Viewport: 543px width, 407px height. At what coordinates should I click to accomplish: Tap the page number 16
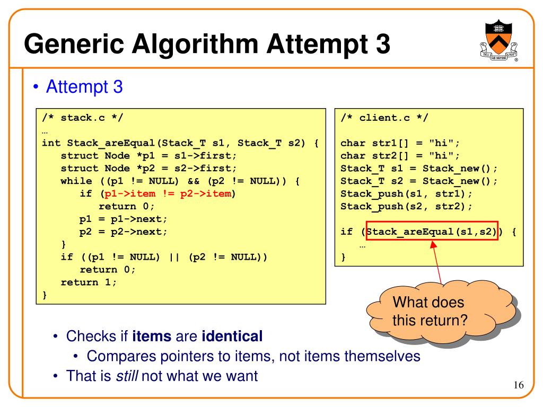tap(518, 385)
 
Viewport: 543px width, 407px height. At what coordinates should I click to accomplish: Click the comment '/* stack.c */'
tap(82, 118)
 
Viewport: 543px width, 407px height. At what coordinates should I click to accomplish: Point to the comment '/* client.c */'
tap(381, 118)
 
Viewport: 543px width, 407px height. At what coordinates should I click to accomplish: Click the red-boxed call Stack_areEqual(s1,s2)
tap(432, 232)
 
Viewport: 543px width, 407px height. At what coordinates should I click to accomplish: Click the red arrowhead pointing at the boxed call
tap(433, 245)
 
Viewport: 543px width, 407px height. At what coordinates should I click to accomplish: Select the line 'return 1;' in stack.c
tap(89, 282)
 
